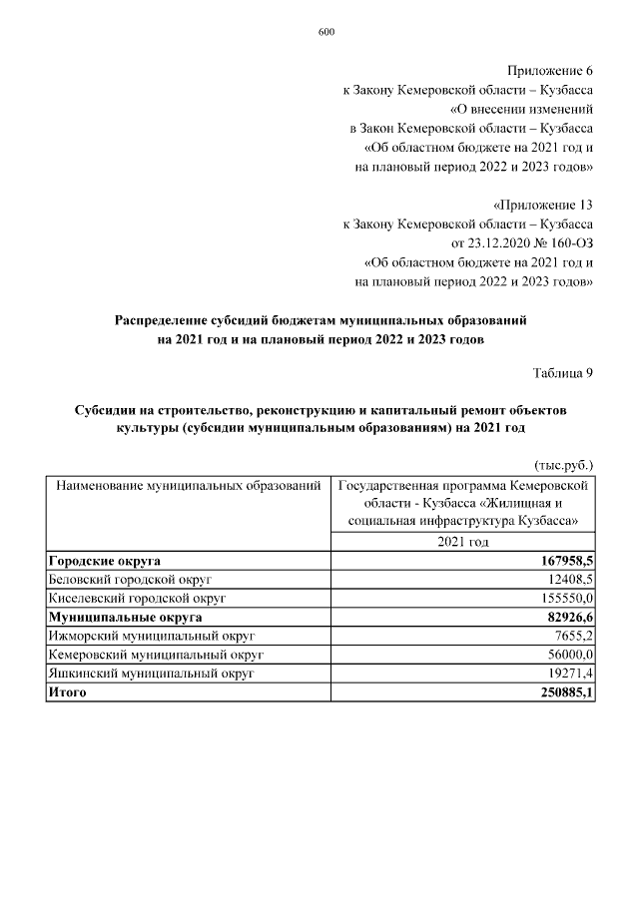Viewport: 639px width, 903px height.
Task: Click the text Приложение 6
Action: (x=550, y=71)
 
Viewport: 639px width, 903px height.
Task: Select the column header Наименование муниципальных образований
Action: (x=188, y=486)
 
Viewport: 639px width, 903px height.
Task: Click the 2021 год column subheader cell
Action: (x=463, y=541)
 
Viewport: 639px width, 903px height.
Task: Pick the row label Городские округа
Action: (x=105, y=561)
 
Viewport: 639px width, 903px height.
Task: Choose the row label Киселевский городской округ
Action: (x=138, y=598)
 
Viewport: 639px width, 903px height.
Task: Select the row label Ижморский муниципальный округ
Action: (x=152, y=636)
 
